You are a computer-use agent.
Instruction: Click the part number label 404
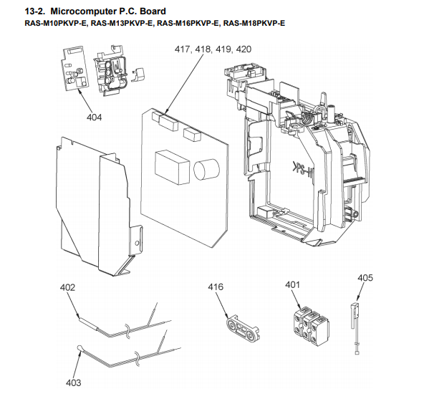[95, 117]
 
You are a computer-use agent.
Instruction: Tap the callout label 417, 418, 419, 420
[213, 50]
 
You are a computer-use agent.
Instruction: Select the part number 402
[67, 287]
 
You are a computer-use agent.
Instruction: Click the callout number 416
[216, 287]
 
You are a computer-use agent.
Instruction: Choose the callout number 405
[365, 277]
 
